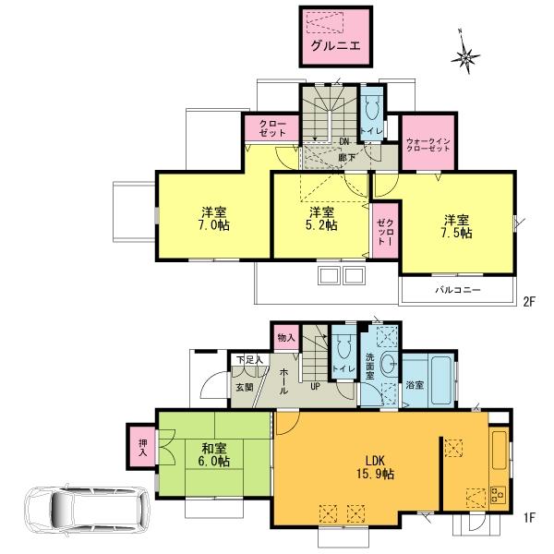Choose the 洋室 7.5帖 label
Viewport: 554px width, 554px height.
pos(456,227)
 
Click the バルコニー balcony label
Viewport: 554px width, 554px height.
pos(458,290)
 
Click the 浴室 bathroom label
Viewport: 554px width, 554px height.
pos(415,385)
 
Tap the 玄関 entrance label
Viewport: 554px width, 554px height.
pos(244,388)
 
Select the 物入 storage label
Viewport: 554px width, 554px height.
pos(285,337)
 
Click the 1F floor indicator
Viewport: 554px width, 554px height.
pos(530,518)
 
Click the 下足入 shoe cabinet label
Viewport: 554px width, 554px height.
pos(247,360)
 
